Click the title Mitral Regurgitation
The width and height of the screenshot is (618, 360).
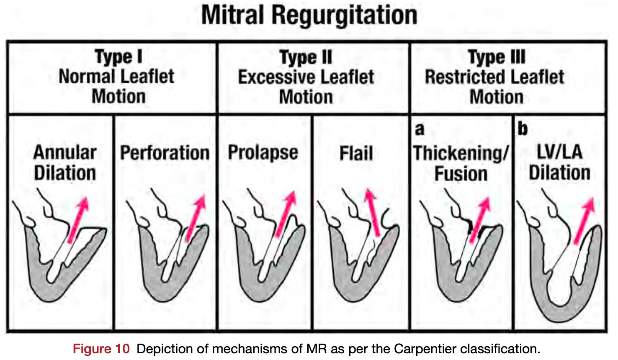click(309, 15)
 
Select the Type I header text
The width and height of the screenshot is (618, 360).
click(118, 57)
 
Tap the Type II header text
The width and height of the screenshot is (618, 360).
click(306, 57)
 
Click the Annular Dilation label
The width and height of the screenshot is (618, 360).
click(65, 162)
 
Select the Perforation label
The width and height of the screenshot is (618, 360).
click(165, 153)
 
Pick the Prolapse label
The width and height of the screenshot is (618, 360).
click(263, 153)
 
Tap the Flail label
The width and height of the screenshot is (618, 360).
click(356, 153)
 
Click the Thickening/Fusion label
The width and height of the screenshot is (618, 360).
click(461, 163)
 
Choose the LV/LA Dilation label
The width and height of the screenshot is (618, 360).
click(559, 162)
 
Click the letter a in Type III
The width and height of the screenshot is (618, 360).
click(419, 129)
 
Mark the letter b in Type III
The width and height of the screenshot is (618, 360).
click(522, 129)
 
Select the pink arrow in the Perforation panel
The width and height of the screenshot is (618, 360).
click(196, 217)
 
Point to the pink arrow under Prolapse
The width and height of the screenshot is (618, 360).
click(285, 214)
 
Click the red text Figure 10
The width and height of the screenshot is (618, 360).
click(101, 349)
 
